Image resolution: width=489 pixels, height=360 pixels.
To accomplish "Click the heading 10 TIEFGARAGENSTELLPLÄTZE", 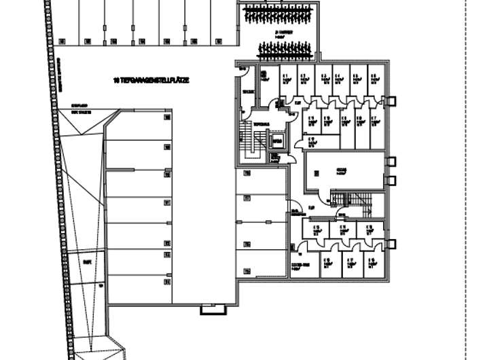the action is [151, 80].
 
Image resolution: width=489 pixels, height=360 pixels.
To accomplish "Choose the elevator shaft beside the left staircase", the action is [277, 141].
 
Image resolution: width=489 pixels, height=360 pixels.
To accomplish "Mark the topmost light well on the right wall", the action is [391, 101].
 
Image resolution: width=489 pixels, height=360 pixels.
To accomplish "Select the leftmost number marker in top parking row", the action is [60, 41].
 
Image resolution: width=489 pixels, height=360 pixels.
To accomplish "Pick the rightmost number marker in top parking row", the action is [219, 41].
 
